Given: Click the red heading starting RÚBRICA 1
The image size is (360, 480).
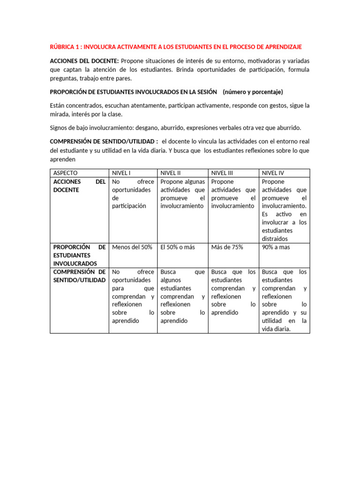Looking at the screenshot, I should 176,47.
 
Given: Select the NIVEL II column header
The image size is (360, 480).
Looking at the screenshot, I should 171,173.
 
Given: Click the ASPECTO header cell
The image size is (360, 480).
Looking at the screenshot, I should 66,173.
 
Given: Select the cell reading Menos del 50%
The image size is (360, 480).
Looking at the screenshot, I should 132,247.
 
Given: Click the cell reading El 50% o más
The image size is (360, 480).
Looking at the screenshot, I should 178,247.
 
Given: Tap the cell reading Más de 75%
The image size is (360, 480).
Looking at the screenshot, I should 227,247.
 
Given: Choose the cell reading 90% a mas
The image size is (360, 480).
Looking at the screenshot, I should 276,247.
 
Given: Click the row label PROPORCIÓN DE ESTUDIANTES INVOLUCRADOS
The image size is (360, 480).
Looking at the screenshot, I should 79,255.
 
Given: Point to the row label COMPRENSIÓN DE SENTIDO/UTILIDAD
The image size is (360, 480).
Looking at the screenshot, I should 79,276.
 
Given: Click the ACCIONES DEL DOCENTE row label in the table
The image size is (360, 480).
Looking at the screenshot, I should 79,186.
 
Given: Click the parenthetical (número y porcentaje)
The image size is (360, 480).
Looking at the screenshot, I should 253,91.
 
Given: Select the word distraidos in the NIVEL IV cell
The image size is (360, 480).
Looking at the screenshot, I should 275,239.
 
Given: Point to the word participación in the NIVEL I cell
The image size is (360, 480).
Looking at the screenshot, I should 129,206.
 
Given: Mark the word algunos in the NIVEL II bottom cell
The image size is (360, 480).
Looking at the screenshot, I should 171,280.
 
